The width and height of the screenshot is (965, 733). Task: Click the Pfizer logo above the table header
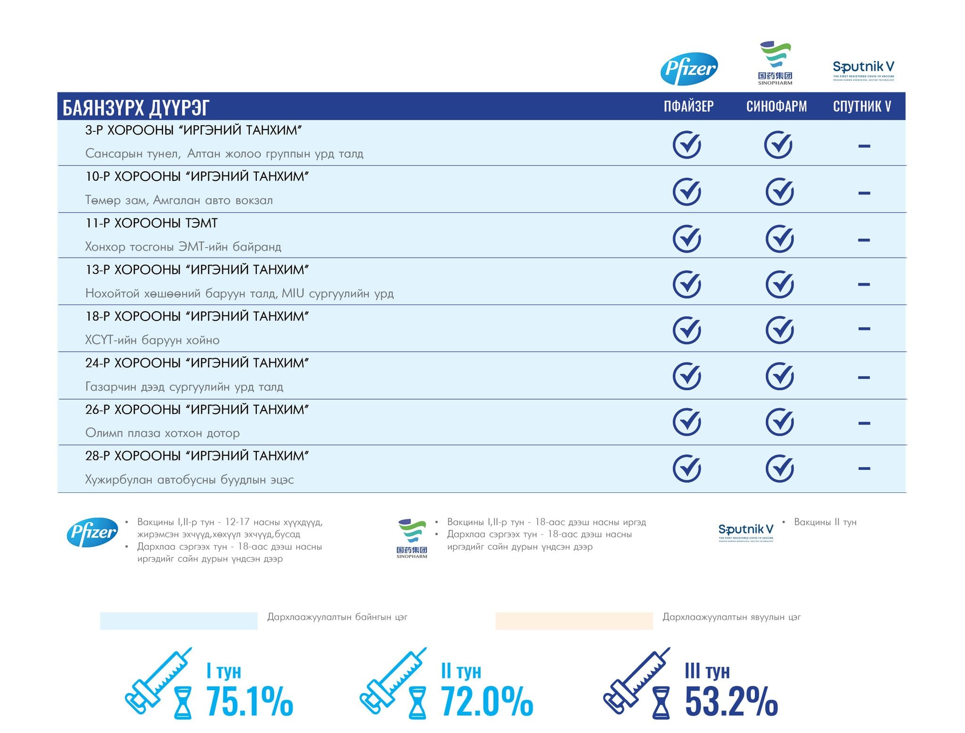click(x=689, y=69)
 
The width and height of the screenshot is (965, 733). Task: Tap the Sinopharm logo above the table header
click(x=775, y=63)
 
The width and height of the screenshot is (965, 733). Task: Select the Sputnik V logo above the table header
click(x=863, y=70)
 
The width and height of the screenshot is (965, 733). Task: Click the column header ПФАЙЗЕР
click(x=688, y=106)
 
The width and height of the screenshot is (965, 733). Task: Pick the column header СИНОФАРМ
click(x=777, y=106)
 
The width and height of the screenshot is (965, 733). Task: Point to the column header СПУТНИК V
click(x=862, y=106)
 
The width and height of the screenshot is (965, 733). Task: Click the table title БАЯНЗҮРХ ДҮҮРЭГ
click(x=136, y=107)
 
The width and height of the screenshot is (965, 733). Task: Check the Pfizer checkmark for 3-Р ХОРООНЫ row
click(x=687, y=145)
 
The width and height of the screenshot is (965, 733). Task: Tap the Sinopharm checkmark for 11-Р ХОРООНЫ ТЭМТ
click(x=779, y=239)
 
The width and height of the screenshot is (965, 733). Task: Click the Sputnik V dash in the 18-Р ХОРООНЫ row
click(x=864, y=329)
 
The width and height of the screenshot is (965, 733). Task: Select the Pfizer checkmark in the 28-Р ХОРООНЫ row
click(x=687, y=468)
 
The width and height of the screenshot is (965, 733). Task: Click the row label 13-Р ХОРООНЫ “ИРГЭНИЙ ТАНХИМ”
click(x=197, y=270)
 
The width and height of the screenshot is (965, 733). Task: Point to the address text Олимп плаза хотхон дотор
click(x=163, y=433)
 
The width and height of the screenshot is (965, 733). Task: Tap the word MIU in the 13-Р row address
click(x=293, y=293)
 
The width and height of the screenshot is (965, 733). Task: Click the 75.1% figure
click(x=250, y=701)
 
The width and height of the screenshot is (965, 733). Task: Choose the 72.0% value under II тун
click(x=487, y=701)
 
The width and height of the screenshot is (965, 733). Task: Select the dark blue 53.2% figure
click(x=731, y=701)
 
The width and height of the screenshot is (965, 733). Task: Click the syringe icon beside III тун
click(x=636, y=680)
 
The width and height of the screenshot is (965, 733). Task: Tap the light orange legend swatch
click(x=574, y=620)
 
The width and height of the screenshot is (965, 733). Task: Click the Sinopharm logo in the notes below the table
click(x=412, y=538)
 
